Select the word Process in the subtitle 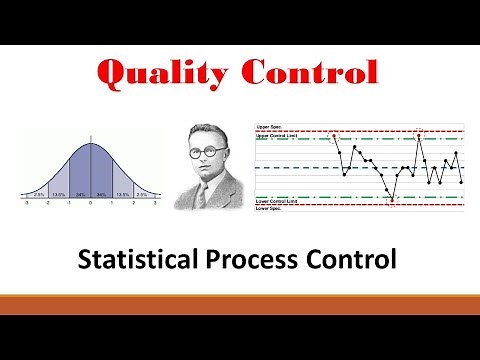pos(269,261)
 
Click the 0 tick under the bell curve pos(91,202)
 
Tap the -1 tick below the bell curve pos(69,202)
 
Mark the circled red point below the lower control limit pos(391,202)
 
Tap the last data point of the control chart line pos(461,182)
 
